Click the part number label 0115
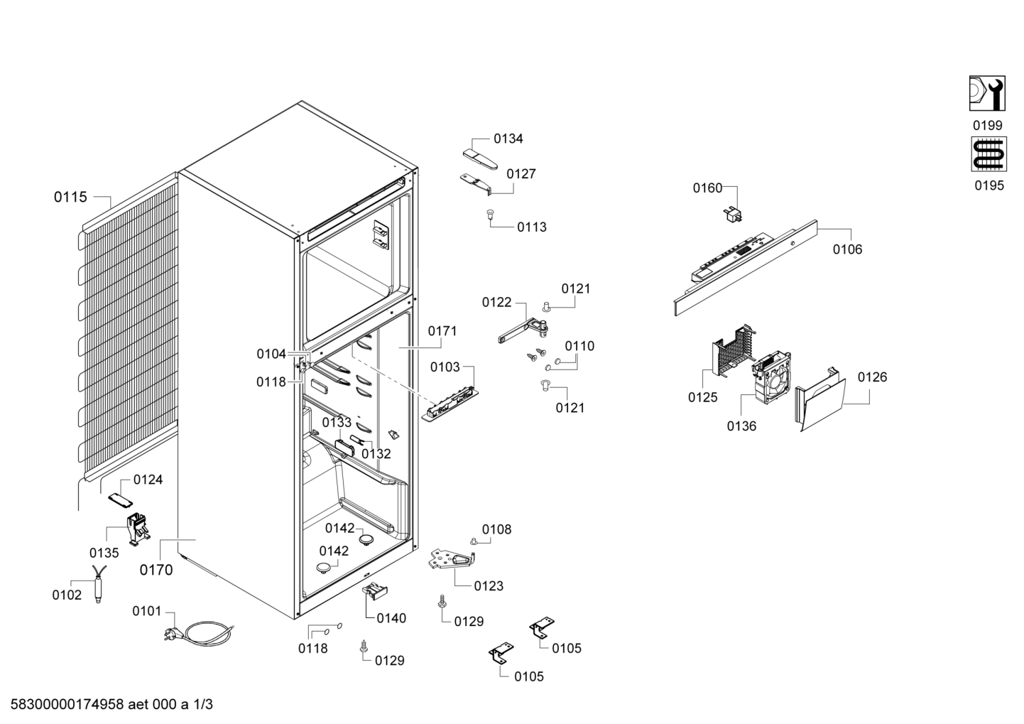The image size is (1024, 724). point(70,197)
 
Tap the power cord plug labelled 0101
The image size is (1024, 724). point(173,634)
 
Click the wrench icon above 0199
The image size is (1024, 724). point(987,93)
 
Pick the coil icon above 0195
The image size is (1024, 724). point(988,154)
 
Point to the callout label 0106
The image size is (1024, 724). point(847,249)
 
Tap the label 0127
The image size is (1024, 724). point(521,174)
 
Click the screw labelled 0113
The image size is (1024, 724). point(491,214)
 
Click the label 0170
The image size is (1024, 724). point(156,570)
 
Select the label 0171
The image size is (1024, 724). point(442,330)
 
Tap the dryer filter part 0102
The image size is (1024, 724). point(99,584)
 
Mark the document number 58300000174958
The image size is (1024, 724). point(67,704)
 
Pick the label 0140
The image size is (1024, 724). point(391,618)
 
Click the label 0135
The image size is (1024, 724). point(104,553)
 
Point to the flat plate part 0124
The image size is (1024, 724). point(120,499)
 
